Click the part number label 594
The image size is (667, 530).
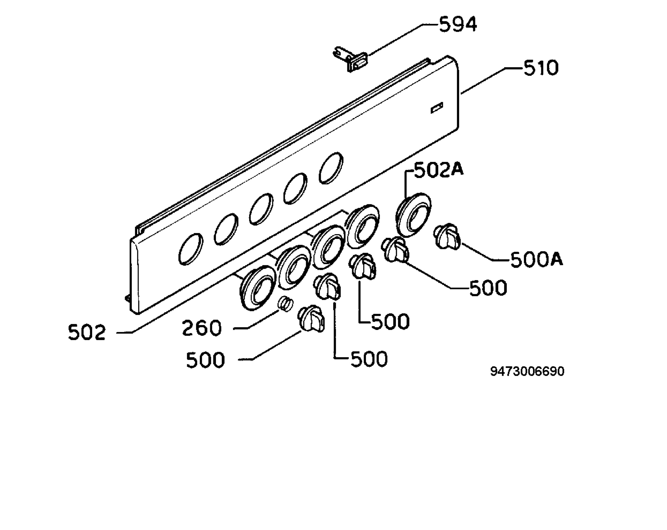tap(458, 25)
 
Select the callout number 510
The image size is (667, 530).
tap(541, 68)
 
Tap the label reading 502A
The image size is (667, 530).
tap(439, 170)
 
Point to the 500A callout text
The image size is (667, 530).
tap(536, 259)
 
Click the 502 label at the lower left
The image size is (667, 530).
tap(87, 332)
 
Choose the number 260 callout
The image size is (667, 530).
tap(202, 328)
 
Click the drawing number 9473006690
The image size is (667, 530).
tap(527, 371)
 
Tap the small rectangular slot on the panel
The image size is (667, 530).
tap(437, 107)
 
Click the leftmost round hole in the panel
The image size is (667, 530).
tap(191, 249)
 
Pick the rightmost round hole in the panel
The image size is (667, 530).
tap(331, 168)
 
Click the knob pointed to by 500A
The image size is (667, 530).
tap(447, 237)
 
